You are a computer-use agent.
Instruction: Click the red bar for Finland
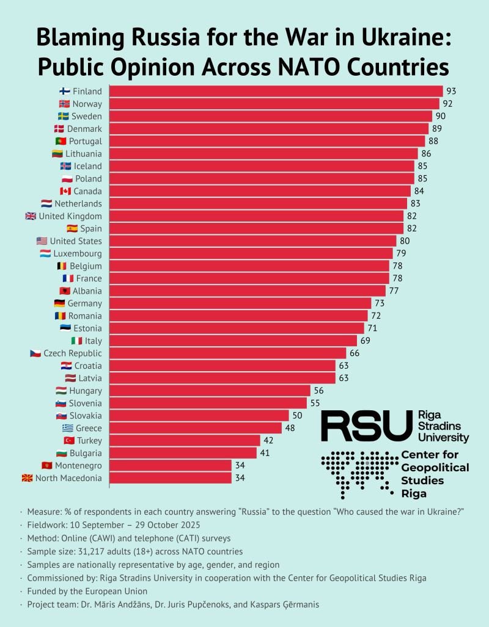point(276,92)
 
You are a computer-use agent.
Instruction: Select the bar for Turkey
point(185,441)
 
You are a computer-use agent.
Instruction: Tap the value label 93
point(452,92)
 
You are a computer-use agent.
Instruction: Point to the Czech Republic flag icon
point(35,353)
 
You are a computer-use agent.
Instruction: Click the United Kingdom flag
point(31,216)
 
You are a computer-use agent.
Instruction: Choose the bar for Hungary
point(210,391)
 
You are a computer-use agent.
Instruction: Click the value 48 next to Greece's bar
point(290,428)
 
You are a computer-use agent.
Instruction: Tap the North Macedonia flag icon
point(27,478)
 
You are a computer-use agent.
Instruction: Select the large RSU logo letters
point(367,426)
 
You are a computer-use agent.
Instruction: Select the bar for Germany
point(240,303)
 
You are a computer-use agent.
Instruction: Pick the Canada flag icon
point(65,191)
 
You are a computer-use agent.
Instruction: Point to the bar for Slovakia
point(199,416)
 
